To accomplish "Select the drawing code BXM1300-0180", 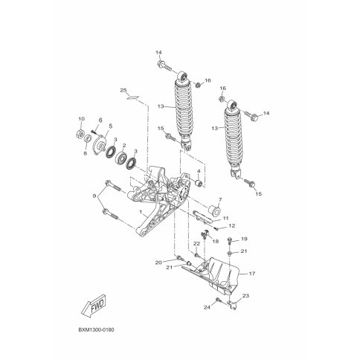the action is pos(97,330).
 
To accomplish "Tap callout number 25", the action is pos(123,90).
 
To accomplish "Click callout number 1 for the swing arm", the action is pos(141,212).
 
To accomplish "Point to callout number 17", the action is pos(251,274).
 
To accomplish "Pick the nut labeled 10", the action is pos(80,134).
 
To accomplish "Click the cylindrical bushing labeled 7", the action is pos(213,211).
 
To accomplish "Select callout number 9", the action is pos(94,196).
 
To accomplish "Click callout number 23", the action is pos(245,295).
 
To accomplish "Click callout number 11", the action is pos(225,218).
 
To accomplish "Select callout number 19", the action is pos(244,239).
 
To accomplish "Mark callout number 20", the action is pos(158,263).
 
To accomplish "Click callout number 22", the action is pos(196,244).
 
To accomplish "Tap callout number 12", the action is pos(232,226).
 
